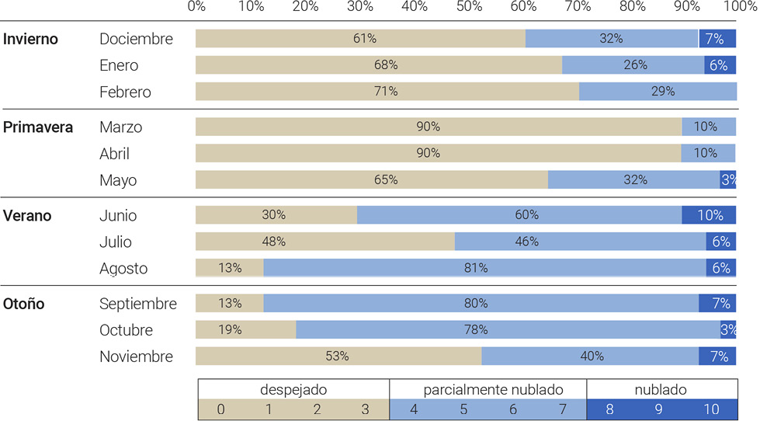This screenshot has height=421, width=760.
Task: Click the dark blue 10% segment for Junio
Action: click(709, 215)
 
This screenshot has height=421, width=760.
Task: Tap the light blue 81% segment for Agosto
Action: click(484, 268)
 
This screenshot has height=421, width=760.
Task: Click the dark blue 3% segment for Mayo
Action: click(728, 180)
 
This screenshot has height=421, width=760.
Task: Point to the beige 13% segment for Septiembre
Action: click(230, 303)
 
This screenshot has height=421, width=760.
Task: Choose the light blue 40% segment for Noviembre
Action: click(590, 356)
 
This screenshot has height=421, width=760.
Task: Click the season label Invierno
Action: click(30, 39)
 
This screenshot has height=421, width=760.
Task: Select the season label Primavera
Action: click(38, 127)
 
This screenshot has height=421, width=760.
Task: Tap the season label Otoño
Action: click(24, 304)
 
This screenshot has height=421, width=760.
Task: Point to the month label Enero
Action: click(119, 65)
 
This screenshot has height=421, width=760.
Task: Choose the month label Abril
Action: click(114, 154)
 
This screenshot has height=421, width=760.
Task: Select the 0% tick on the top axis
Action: click(196, 7)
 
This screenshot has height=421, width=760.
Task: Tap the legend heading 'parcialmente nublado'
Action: click(493, 389)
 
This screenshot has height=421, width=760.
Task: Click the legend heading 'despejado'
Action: click(293, 389)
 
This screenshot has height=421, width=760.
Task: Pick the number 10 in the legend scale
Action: click(711, 409)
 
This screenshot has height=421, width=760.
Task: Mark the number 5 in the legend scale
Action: click(463, 409)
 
